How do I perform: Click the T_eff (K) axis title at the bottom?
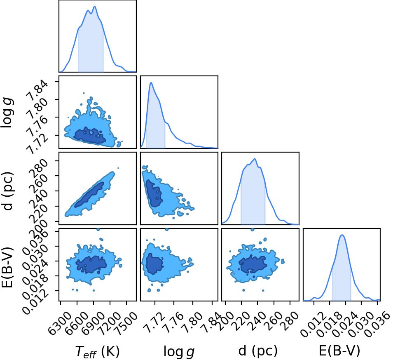coord(97,351)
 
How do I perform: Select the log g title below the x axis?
coord(179,351)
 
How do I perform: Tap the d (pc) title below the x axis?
coord(258,351)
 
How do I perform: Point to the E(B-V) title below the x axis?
coord(339,351)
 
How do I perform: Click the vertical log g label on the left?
coord(7,113)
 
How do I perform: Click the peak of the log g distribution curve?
coord(151,82)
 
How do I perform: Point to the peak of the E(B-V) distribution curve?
coord(342,235)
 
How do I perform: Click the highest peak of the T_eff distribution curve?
coord(95,7)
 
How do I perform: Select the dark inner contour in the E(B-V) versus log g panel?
coord(154,264)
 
